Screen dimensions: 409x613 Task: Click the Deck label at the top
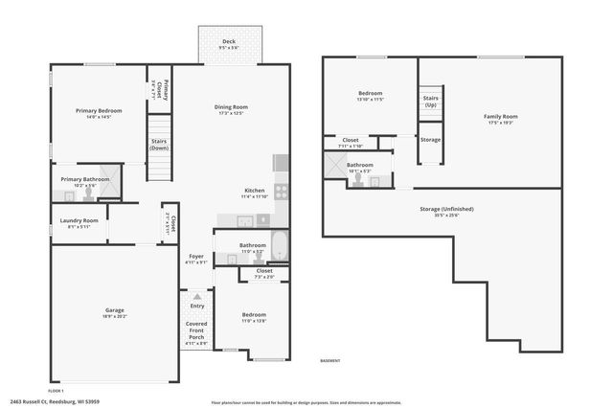(229, 41)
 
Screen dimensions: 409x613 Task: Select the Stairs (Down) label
(160, 145)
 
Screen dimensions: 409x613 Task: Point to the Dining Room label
(231, 107)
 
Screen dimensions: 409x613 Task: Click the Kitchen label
(254, 191)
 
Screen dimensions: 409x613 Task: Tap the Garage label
(114, 310)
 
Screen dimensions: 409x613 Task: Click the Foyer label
(195, 257)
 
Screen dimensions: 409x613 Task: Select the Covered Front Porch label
(196, 330)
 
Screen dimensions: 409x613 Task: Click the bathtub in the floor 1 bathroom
(279, 246)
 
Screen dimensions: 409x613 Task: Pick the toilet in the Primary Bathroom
(88, 193)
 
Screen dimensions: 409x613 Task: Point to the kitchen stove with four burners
(282, 191)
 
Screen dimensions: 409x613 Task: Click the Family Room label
(500, 116)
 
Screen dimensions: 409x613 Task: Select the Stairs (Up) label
(430, 102)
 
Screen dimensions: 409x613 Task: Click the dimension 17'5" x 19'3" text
(500, 122)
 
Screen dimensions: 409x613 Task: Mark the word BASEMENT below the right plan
(330, 360)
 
